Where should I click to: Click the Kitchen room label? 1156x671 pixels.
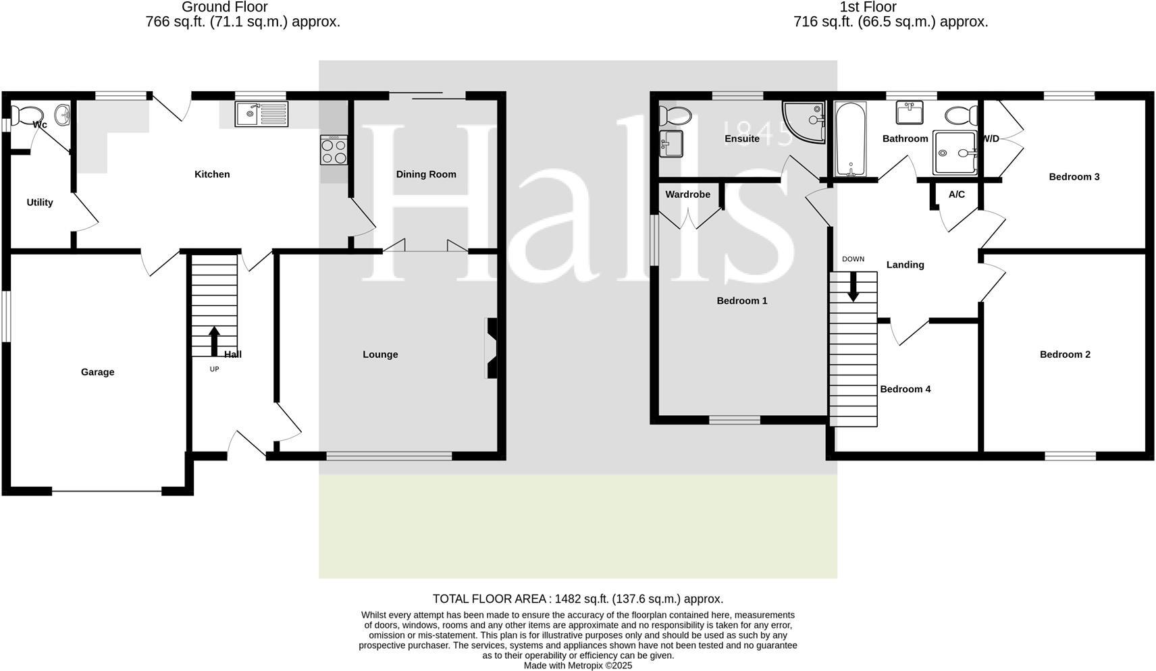click(x=212, y=174)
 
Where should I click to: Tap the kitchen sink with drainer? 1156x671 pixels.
click(x=261, y=113)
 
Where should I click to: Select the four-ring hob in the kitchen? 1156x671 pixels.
click(x=334, y=150)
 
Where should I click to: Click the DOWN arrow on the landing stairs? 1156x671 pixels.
click(x=853, y=286)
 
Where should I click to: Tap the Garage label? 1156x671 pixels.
click(x=97, y=372)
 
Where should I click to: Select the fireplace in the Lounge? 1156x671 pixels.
click(x=491, y=348)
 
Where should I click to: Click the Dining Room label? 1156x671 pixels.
click(x=426, y=174)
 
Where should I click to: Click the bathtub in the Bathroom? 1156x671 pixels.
click(x=850, y=138)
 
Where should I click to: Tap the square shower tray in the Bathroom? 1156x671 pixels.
click(x=955, y=153)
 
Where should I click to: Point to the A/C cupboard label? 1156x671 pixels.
click(x=956, y=194)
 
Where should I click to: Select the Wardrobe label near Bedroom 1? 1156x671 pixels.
click(x=687, y=194)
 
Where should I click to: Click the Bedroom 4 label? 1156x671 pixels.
click(x=905, y=389)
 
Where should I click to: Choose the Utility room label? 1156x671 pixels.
click(x=40, y=203)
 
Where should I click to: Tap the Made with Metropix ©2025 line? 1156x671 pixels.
click(x=577, y=665)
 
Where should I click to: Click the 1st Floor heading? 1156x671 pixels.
click(x=868, y=7)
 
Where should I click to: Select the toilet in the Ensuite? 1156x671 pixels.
click(x=675, y=115)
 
